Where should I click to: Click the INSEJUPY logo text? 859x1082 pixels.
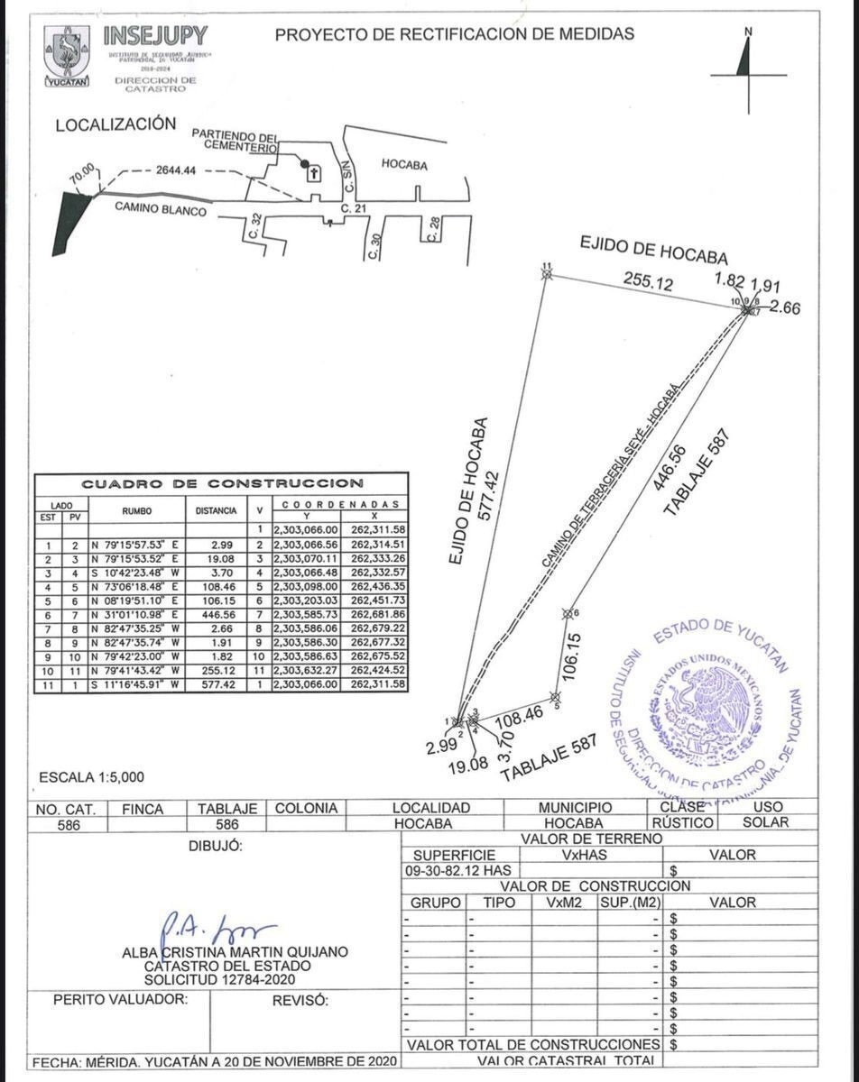pyautogui.click(x=155, y=38)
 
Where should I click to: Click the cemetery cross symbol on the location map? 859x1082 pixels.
pyautogui.click(x=314, y=173)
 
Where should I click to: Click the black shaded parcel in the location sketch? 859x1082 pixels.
pyautogui.click(x=70, y=222)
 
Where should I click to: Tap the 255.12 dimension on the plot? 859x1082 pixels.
pyautogui.click(x=648, y=283)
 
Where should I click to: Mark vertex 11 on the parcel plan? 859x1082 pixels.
pyautogui.click(x=546, y=274)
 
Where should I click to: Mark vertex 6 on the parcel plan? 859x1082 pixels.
pyautogui.click(x=568, y=614)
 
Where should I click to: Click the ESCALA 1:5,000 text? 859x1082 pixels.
pyautogui.click(x=91, y=776)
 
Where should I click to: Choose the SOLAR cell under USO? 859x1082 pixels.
pyautogui.click(x=765, y=822)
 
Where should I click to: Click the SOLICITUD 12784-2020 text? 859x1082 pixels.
pyautogui.click(x=219, y=979)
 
